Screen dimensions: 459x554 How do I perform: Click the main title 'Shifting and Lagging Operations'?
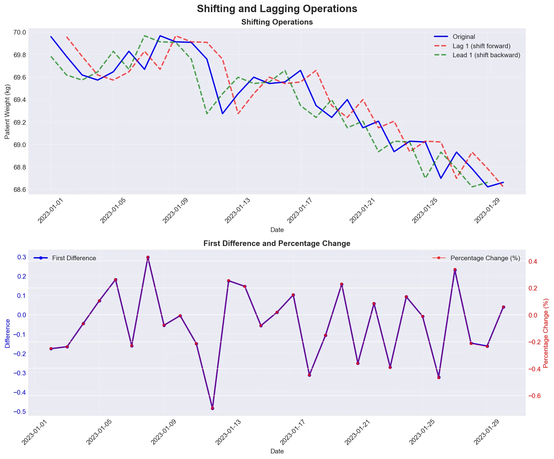277,9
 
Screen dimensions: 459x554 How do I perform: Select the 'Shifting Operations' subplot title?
277,22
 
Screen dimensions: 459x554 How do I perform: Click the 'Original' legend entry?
464,37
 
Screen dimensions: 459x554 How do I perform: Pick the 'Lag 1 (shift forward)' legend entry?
481,46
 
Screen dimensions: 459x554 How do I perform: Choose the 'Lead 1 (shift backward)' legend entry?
486,55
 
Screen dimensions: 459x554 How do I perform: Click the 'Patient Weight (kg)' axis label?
7,111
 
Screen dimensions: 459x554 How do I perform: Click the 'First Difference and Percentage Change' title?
277,243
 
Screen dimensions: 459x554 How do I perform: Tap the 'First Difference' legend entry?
74,258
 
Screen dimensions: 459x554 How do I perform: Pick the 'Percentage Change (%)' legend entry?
485,258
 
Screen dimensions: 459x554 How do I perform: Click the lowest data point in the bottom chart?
212,408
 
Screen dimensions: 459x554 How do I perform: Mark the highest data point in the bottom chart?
148,257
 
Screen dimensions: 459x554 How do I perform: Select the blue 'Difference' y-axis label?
7,333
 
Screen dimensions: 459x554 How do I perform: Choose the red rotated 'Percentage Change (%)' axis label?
546,333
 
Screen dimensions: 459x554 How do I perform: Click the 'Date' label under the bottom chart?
277,451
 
